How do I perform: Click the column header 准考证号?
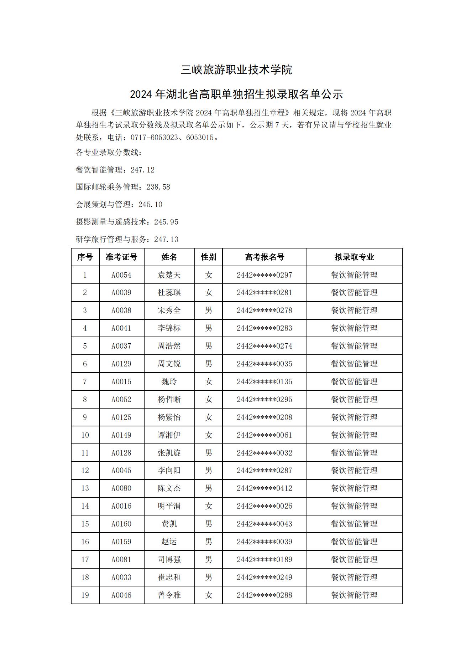point(121,257)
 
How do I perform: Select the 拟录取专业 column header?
point(354,257)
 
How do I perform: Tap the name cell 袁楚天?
point(169,275)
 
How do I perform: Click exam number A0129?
point(121,364)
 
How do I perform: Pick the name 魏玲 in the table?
point(169,381)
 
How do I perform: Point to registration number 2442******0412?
point(264,488)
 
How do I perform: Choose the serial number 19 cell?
point(85,595)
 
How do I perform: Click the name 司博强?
point(169,559)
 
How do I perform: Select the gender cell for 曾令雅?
point(209,595)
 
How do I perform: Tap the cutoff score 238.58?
point(158,187)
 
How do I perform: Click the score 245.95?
point(166,222)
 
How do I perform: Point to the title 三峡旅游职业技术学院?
point(236,70)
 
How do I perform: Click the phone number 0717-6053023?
point(154,138)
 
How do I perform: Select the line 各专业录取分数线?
point(109,153)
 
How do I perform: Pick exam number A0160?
point(121,524)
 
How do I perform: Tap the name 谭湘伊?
point(169,435)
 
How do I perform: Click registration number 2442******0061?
point(264,435)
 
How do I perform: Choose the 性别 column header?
point(209,257)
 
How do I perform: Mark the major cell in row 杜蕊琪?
point(354,292)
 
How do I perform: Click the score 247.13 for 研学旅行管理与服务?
point(166,240)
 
